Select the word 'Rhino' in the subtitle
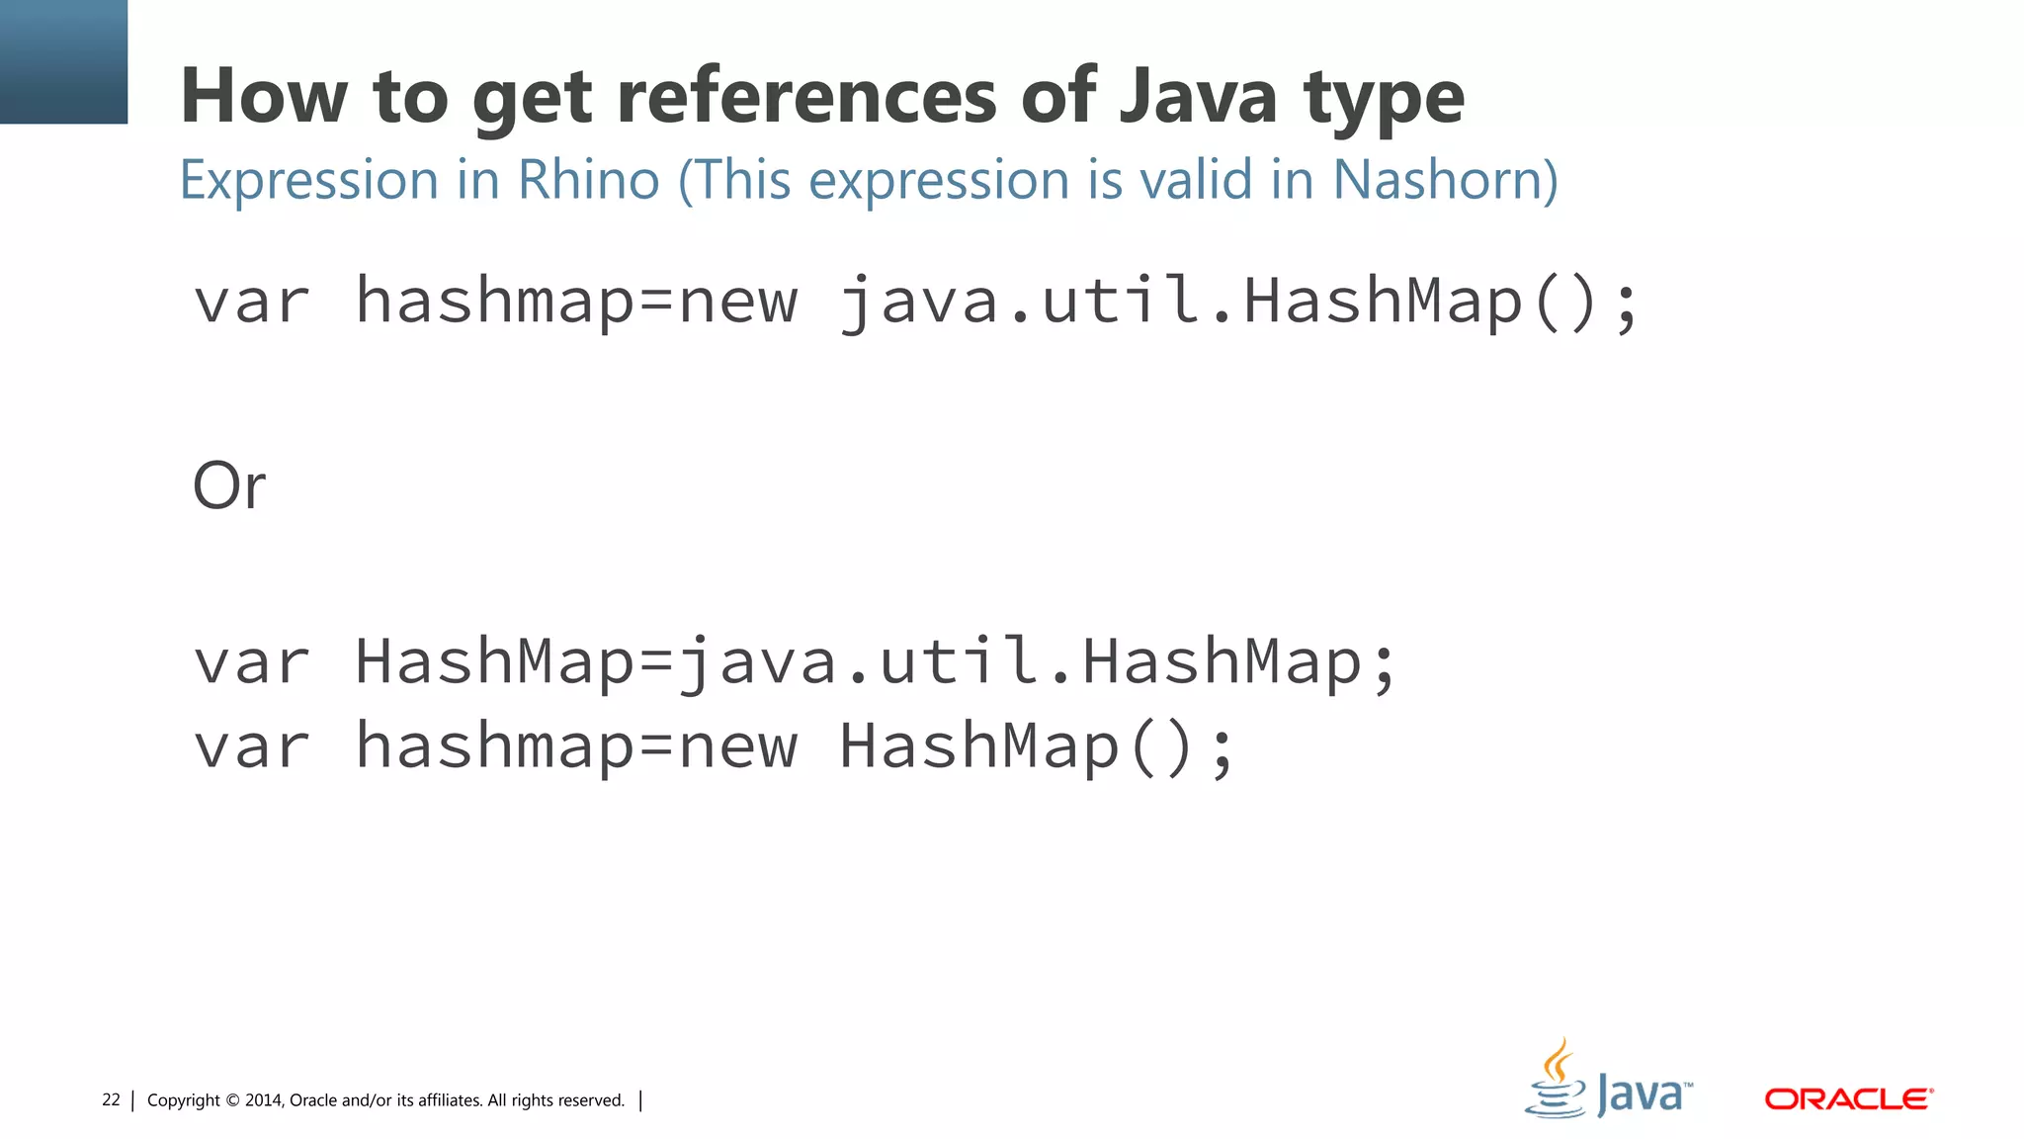click(x=589, y=180)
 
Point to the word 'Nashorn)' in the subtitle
click(x=1445, y=180)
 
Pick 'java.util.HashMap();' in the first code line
click(x=1239, y=301)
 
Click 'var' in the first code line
click(x=251, y=301)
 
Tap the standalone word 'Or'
click(x=229, y=486)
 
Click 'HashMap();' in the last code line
click(x=1038, y=745)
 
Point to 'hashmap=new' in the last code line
click(x=575, y=745)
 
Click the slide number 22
click(x=111, y=1099)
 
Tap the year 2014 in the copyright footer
click(x=264, y=1100)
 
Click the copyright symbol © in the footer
click(x=232, y=1100)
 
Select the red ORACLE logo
click(x=1848, y=1098)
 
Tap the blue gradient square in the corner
click(x=63, y=61)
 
